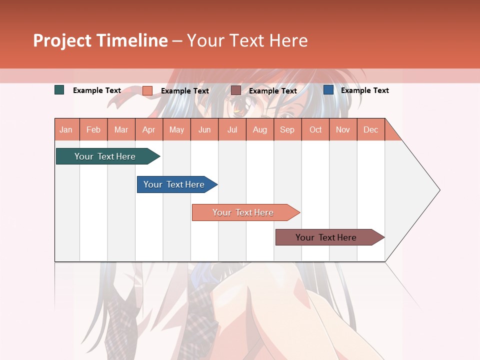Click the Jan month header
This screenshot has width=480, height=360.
66,129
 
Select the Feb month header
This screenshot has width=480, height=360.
93,129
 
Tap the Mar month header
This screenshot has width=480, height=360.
121,129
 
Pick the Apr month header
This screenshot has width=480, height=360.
149,129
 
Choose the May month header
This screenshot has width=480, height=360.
176,129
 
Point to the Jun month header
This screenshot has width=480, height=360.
204,129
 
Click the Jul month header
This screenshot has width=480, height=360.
232,129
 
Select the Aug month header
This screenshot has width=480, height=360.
260,129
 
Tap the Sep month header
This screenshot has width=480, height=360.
287,129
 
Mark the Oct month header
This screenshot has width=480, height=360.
315,129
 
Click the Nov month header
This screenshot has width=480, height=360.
343,129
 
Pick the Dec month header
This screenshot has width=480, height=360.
371,129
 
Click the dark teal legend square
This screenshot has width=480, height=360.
59,90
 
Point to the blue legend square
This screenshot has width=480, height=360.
328,90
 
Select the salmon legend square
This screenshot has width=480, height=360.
147,90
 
